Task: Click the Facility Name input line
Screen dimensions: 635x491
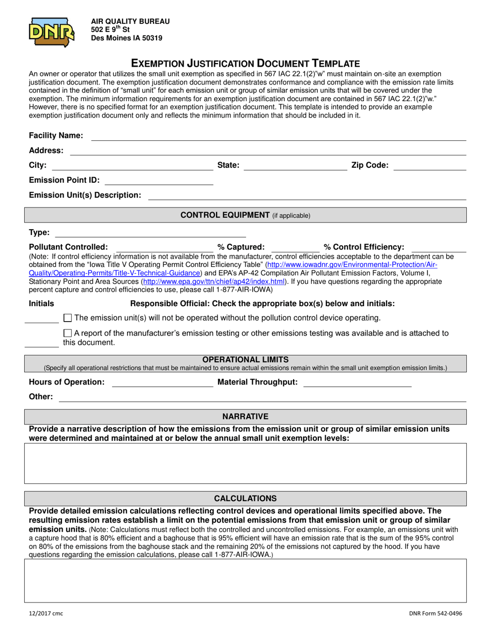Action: pos(279,136)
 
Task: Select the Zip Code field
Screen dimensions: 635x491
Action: pos(429,166)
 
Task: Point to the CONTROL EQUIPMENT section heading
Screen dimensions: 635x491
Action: pos(245,215)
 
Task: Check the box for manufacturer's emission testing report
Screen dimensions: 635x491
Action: pos(67,334)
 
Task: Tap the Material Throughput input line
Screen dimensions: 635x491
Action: pos(357,383)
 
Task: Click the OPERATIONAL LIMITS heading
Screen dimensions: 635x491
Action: pos(245,359)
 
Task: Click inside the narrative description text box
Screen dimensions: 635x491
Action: pos(245,463)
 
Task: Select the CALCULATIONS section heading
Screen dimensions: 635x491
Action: pos(245,498)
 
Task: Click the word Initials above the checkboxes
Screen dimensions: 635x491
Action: pos(41,304)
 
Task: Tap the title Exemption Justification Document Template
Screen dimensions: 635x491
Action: pos(245,63)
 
